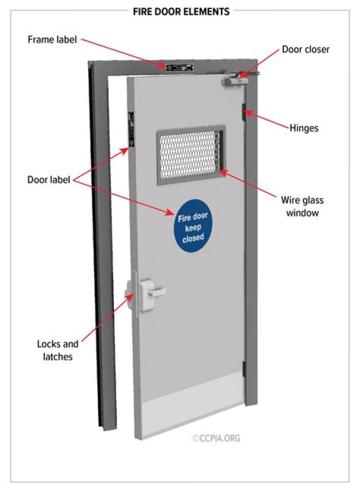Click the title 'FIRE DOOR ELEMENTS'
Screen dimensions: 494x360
pyautogui.click(x=181, y=12)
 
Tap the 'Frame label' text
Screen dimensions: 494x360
pyautogui.click(x=52, y=40)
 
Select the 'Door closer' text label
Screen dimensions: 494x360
pyautogui.click(x=305, y=50)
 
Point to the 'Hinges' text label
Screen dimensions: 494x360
pyautogui.click(x=303, y=128)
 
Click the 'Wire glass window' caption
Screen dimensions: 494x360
pyautogui.click(x=302, y=206)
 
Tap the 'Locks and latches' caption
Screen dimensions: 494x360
pyautogui.click(x=57, y=350)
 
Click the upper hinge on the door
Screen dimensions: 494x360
pyautogui.click(x=243, y=113)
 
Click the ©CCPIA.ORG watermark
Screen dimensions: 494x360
pyautogui.click(x=216, y=438)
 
